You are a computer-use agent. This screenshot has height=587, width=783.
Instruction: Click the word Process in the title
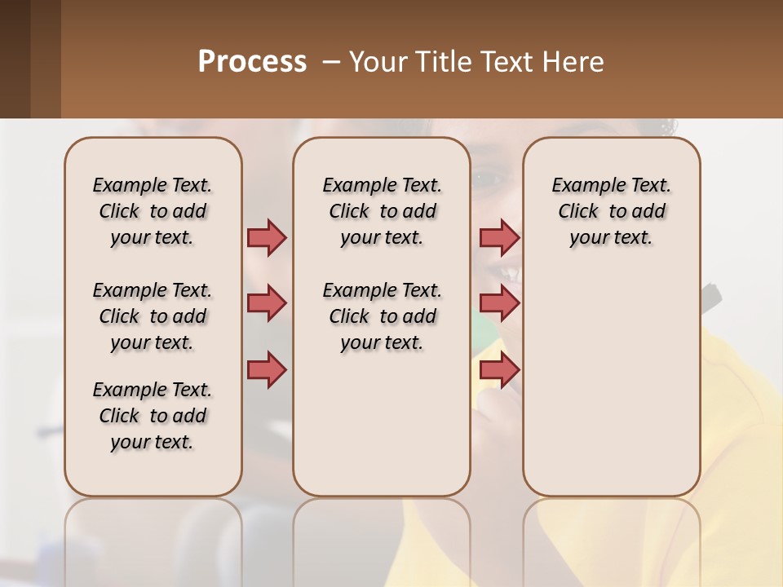[x=252, y=62]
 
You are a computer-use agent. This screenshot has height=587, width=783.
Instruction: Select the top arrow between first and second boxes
[x=267, y=237]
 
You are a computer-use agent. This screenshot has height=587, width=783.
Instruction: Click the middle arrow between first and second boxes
[x=267, y=303]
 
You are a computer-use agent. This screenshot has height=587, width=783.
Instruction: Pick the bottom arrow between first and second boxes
[x=267, y=369]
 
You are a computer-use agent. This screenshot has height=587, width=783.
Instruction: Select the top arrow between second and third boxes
[x=499, y=237]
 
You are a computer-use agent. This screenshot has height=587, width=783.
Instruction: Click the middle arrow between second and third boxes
[x=499, y=303]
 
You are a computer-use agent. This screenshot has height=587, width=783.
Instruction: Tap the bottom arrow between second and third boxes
[x=499, y=369]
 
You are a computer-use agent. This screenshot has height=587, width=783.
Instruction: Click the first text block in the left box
[x=153, y=211]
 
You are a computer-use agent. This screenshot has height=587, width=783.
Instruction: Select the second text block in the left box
[x=153, y=316]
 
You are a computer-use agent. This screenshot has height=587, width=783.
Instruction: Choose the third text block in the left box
[x=153, y=416]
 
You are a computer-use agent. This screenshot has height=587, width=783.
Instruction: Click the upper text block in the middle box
[x=382, y=211]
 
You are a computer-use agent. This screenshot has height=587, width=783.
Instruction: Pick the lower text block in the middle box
[x=382, y=316]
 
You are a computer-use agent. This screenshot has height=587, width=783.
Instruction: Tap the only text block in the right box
[x=611, y=211]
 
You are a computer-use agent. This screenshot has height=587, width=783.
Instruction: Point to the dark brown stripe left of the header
[x=15, y=59]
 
